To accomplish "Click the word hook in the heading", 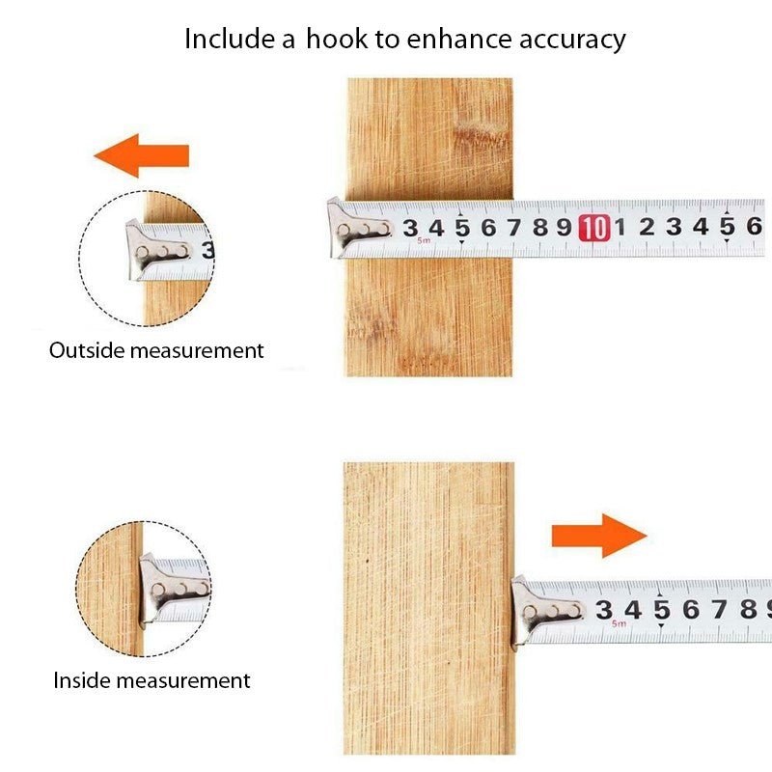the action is point(337,39).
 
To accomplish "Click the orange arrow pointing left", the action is point(141,155).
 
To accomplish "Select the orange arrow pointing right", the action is point(599,536).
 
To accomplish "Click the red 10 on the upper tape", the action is point(594,228).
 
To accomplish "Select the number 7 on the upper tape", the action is point(514,228).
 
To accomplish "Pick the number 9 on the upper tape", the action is point(565,228).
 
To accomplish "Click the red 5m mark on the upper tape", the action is point(424,240).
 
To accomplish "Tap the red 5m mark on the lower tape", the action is point(619,623).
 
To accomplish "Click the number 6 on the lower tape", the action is point(691,610).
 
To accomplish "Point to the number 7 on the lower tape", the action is point(719,609).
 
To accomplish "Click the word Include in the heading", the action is point(229,39).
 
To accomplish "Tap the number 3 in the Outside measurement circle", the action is point(207,250).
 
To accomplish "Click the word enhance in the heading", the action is point(459,39).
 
